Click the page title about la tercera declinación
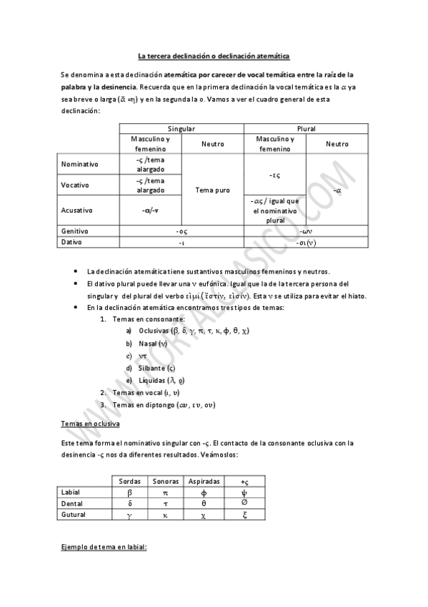(214, 56)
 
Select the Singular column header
(181, 128)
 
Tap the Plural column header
(306, 128)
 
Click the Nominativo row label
(81, 164)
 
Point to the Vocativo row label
(76, 185)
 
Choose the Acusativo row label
(78, 210)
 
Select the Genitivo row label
(76, 231)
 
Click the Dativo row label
(72, 243)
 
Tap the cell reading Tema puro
(213, 190)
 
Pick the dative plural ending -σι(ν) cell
(306, 243)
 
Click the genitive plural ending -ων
(306, 231)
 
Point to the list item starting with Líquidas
(161, 379)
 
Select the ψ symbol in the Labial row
(244, 492)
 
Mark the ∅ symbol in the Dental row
(244, 503)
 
